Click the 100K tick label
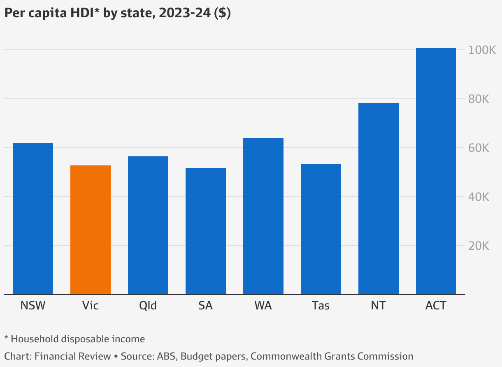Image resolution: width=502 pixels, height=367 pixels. click(x=481, y=50)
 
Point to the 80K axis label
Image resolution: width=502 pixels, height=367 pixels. click(x=479, y=99)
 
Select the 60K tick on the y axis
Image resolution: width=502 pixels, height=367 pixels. click(x=479, y=148)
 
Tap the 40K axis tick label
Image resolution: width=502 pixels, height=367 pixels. click(x=479, y=197)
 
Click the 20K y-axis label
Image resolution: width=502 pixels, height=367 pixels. click(x=479, y=246)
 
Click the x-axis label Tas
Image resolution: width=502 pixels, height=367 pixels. click(x=321, y=306)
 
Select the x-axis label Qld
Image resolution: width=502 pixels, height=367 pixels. click(x=148, y=306)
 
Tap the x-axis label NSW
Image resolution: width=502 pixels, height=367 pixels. click(x=33, y=306)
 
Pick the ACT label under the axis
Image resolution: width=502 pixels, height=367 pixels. click(x=436, y=306)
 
